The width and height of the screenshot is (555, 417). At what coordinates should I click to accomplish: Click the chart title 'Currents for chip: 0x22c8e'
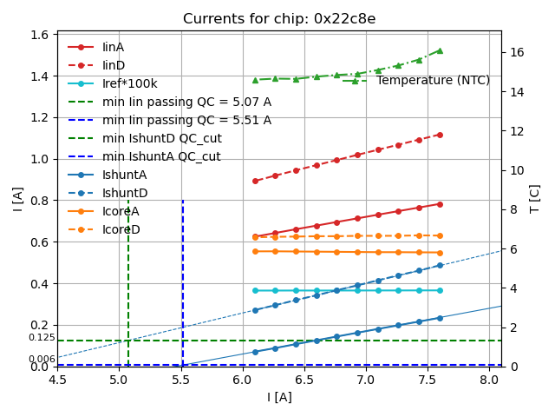tap(279, 19)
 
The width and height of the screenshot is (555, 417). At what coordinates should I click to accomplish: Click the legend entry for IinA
tap(114, 47)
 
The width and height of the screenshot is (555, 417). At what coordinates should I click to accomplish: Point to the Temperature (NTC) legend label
tap(433, 81)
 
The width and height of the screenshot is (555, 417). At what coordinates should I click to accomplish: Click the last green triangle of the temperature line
tap(440, 50)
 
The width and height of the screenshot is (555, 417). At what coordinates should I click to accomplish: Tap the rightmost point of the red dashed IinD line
tap(440, 135)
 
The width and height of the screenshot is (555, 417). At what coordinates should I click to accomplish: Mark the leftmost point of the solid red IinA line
tap(255, 236)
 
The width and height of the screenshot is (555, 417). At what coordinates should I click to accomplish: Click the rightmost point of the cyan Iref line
tap(440, 290)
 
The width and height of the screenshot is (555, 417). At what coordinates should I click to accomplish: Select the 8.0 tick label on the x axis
tap(489, 380)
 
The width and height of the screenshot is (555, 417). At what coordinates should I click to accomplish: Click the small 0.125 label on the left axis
tap(42, 337)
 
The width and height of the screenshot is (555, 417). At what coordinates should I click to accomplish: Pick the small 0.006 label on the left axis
tap(42, 359)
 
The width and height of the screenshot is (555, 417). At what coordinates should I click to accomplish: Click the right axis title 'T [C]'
tap(535, 199)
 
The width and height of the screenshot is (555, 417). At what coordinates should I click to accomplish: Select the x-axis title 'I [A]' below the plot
tap(279, 397)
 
